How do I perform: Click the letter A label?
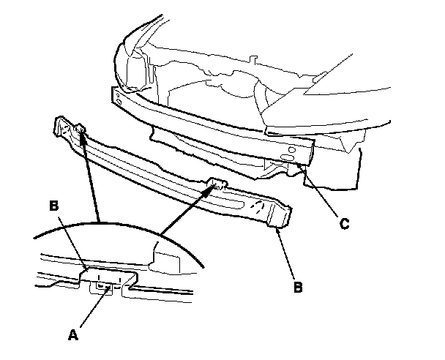pyautogui.click(x=72, y=335)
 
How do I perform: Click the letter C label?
pyautogui.click(x=343, y=224)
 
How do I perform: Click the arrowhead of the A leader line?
pyautogui.click(x=109, y=290)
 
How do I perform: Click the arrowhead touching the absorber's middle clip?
pyautogui.click(x=217, y=187)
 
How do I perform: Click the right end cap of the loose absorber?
pyautogui.click(x=282, y=215)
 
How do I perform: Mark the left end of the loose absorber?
pyautogui.click(x=59, y=128)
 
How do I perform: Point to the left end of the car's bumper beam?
pyautogui.click(x=116, y=95)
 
